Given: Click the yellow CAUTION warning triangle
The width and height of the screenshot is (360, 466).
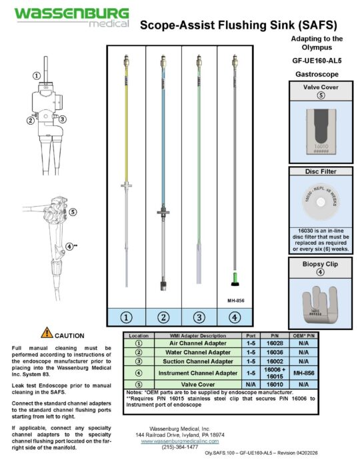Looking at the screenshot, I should tap(47, 333).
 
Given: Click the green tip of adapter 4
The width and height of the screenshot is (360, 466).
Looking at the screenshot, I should tap(233, 276).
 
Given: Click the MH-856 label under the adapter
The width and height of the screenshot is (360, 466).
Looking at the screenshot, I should tap(236, 301).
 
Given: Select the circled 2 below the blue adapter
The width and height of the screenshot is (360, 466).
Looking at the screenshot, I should tap(163, 317).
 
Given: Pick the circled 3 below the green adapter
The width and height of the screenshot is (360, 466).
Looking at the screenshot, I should tap(199, 317).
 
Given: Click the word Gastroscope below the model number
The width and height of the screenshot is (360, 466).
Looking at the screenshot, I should tap(317, 73).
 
